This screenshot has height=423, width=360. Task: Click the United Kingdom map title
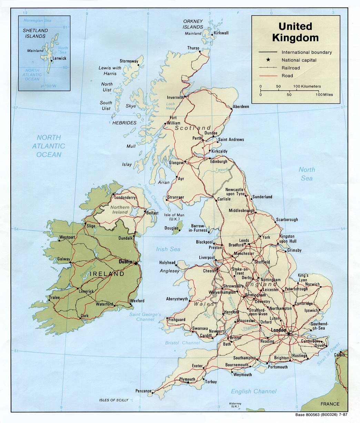click(295, 32)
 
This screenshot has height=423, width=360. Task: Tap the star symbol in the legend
click(268, 60)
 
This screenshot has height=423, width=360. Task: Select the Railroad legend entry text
click(291, 68)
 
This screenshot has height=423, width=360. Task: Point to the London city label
click(279, 330)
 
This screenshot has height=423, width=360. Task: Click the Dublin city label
click(125, 262)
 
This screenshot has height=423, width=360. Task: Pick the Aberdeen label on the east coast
click(241, 107)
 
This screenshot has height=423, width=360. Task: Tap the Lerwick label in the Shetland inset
click(60, 59)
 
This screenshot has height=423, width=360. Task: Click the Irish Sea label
click(168, 249)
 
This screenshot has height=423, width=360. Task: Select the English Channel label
click(253, 391)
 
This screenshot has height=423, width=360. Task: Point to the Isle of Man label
click(176, 217)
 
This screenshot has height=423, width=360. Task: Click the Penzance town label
click(143, 391)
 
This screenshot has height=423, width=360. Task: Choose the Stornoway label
click(129, 61)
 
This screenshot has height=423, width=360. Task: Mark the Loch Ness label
click(171, 106)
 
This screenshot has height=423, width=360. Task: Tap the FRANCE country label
click(330, 404)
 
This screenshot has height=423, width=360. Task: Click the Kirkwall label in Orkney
click(221, 33)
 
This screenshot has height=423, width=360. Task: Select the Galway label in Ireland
click(64, 259)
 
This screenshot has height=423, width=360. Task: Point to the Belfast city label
click(152, 213)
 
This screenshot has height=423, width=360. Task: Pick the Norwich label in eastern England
click(312, 285)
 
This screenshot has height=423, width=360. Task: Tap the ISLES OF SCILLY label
click(113, 400)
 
